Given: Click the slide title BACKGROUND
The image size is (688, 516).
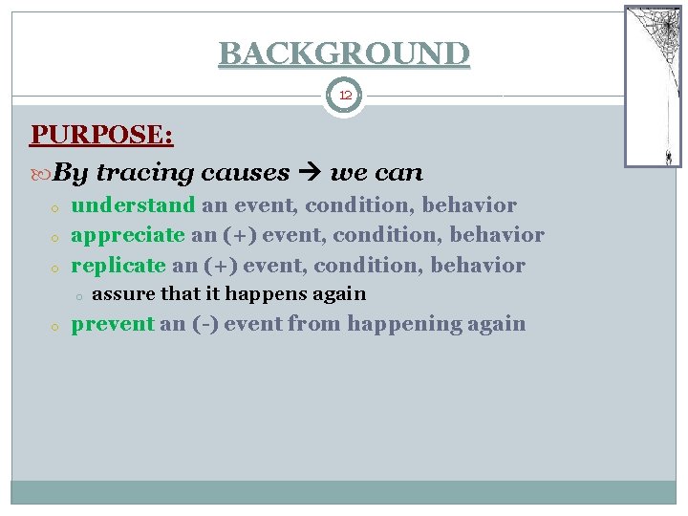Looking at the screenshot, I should (x=344, y=53).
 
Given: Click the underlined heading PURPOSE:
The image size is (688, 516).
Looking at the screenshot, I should (x=101, y=135).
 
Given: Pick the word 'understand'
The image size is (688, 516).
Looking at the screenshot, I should (x=133, y=205).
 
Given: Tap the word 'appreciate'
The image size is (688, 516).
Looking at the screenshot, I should (x=127, y=235).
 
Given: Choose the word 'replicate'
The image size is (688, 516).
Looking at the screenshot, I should (x=118, y=265).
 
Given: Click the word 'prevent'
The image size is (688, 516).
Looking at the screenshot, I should (x=113, y=324).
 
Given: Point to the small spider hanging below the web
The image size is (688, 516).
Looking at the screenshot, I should (x=668, y=155).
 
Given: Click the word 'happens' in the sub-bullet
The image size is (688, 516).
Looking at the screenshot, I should (x=253, y=293).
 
